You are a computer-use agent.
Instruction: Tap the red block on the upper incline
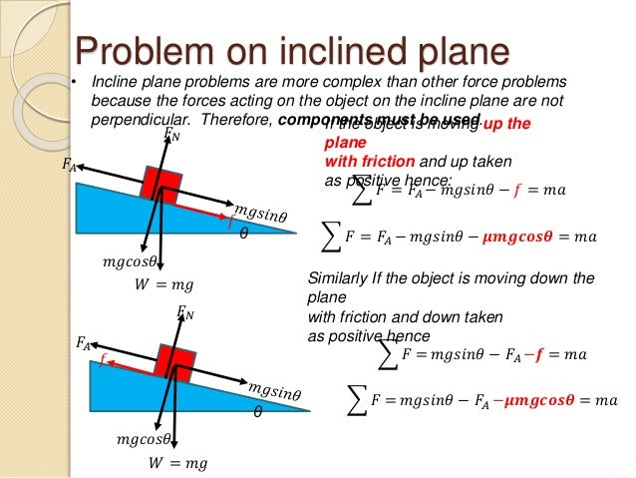[x=161, y=186]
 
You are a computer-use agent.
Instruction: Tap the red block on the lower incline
[x=175, y=357]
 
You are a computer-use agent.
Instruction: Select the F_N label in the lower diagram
[x=184, y=313]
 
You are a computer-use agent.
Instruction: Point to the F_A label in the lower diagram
[x=83, y=343]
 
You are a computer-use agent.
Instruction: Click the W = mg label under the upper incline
[x=163, y=285]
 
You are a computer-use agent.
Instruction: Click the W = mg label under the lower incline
[x=177, y=462]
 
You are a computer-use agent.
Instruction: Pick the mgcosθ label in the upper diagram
[x=131, y=262]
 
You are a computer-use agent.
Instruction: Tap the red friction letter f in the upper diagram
[x=231, y=224]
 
